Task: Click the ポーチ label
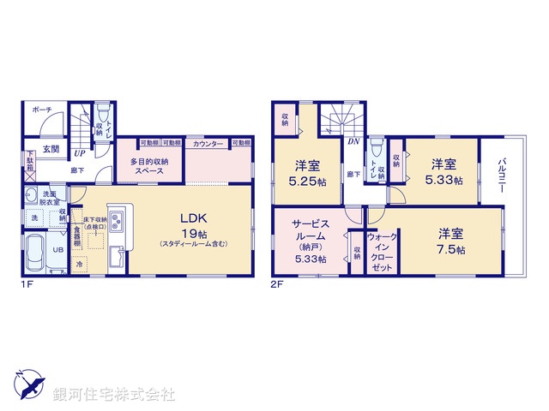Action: (x=41, y=110)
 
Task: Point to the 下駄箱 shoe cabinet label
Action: (x=30, y=163)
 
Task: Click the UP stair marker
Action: (x=79, y=154)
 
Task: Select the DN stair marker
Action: (x=353, y=141)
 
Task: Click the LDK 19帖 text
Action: (x=190, y=224)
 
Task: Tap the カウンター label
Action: (x=208, y=143)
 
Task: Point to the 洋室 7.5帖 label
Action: (x=449, y=241)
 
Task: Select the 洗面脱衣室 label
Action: (x=51, y=199)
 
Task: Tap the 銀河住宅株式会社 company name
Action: (x=113, y=394)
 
